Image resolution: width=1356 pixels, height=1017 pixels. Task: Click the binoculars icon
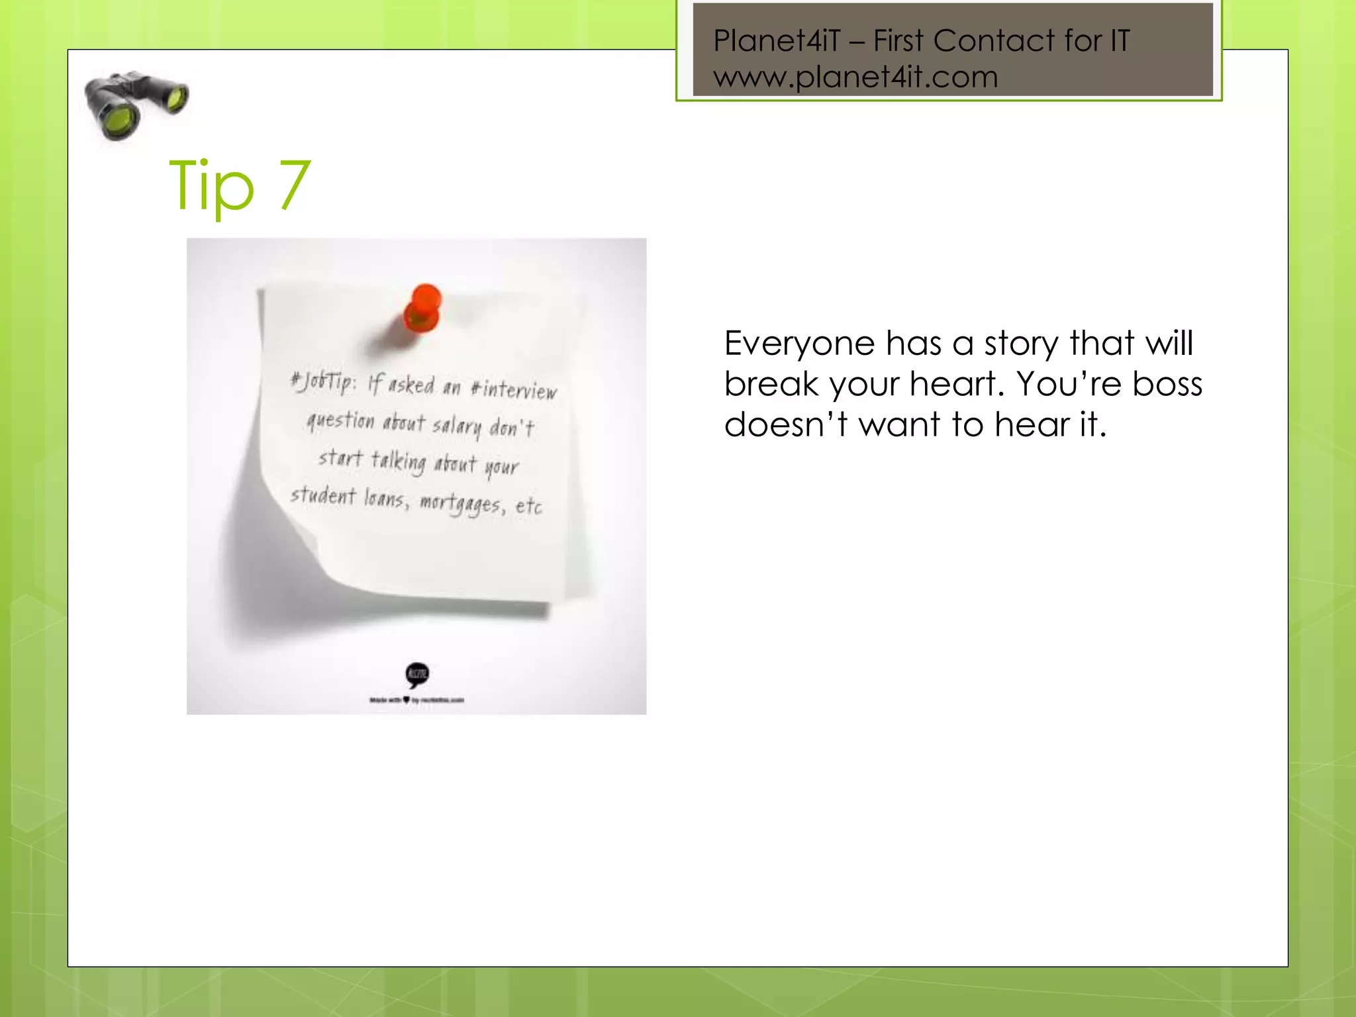(136, 105)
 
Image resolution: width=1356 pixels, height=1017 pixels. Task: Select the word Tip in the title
(212, 186)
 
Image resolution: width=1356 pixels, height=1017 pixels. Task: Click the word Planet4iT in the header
(776, 41)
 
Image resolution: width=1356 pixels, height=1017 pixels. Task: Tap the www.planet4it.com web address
(855, 77)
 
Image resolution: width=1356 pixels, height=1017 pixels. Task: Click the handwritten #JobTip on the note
(324, 382)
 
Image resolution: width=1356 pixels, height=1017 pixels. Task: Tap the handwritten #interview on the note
(514, 389)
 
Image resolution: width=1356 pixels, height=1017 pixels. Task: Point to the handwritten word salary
(457, 426)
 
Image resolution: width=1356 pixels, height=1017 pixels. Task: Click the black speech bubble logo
(417, 675)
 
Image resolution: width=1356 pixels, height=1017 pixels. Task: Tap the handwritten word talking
(398, 461)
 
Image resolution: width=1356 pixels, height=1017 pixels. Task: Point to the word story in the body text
(1022, 344)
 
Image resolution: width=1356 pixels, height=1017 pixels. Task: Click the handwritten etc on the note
(528, 507)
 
